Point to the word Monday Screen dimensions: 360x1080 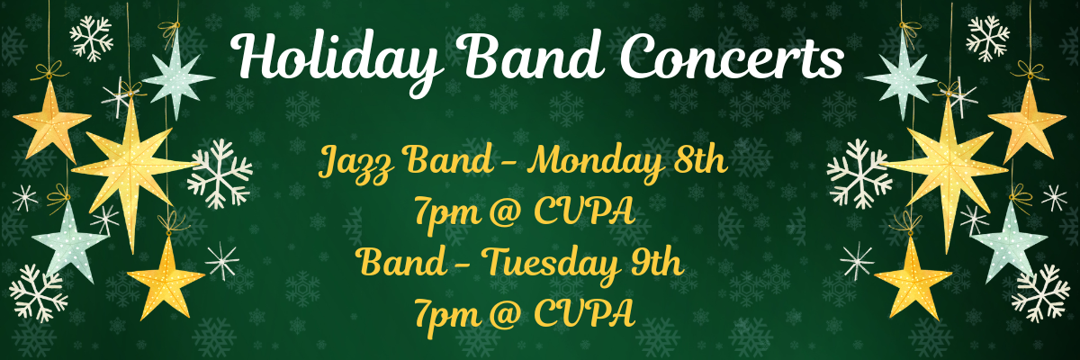coord(595,163)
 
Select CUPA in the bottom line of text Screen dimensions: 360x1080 coord(586,313)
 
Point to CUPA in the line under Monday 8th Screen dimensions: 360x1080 coord(586,213)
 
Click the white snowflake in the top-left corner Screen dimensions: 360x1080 coord(92,39)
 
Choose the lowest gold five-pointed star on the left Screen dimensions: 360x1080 coord(165,276)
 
